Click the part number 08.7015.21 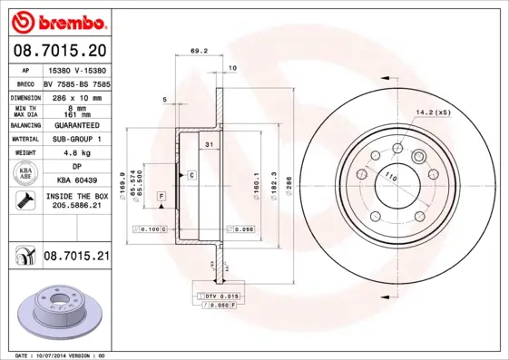[76, 258]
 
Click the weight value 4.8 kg [76, 153]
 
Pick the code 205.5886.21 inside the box [76, 206]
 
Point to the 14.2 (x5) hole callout [433, 113]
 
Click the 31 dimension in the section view [209, 145]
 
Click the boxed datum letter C [191, 173]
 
